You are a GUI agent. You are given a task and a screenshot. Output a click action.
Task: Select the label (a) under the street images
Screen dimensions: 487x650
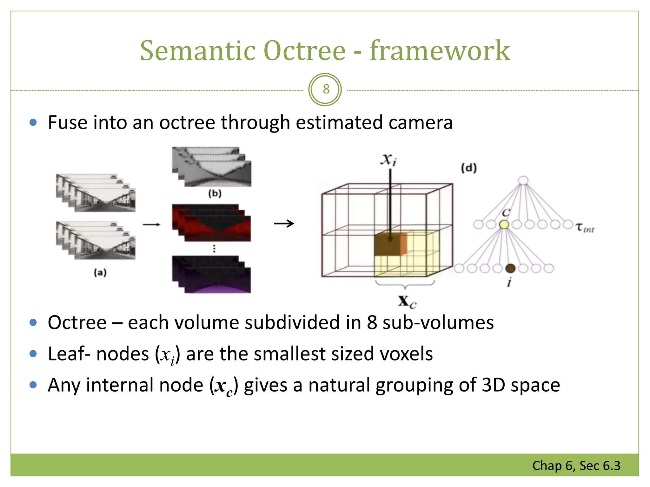(x=100, y=272)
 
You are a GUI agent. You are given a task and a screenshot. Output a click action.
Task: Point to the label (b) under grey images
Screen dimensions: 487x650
(x=215, y=193)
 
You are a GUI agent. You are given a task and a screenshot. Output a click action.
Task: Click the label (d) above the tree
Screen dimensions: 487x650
(x=469, y=168)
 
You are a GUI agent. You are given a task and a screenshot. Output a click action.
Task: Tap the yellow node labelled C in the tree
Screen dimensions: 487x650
(x=504, y=224)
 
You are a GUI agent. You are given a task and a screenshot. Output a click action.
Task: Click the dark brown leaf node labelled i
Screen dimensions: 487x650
(x=510, y=269)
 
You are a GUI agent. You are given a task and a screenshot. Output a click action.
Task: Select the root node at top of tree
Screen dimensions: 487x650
(x=523, y=180)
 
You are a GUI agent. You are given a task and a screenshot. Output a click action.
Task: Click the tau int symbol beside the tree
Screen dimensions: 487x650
(x=585, y=228)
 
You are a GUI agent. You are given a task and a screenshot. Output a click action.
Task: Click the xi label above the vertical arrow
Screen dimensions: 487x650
(x=388, y=159)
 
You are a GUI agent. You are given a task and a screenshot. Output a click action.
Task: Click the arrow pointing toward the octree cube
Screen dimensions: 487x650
(x=284, y=224)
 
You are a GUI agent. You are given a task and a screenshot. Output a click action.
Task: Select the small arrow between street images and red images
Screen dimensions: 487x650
(x=151, y=224)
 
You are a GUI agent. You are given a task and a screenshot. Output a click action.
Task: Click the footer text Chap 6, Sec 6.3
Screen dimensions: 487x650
(x=576, y=466)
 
